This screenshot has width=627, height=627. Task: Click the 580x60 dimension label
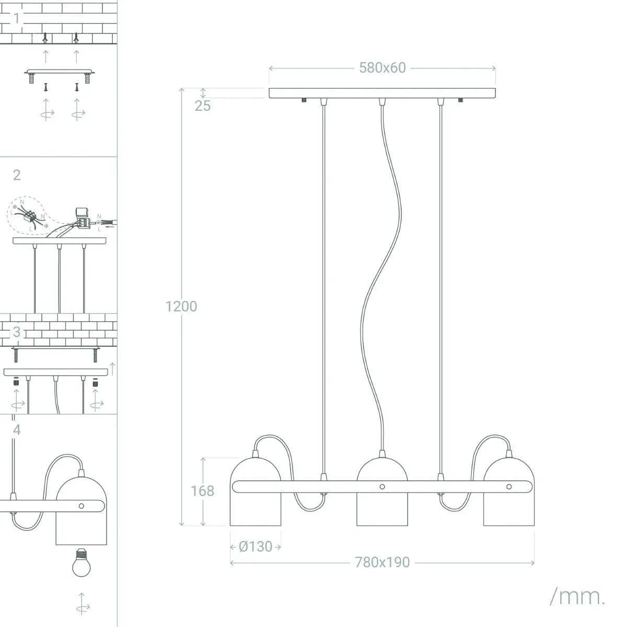tap(382, 68)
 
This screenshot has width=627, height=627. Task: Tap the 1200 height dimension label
tap(181, 306)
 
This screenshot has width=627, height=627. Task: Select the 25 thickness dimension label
tap(203, 106)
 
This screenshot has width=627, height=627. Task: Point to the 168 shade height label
tap(202, 491)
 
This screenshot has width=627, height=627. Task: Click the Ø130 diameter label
tap(256, 547)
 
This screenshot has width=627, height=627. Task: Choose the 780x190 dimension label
tap(382, 562)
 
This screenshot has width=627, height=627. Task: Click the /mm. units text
tap(577, 596)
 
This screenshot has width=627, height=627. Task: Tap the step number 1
tap(17, 18)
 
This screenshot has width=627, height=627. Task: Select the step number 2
tap(17, 175)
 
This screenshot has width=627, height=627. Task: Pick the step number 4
tap(17, 430)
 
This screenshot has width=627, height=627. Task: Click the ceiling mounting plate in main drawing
tap(382, 94)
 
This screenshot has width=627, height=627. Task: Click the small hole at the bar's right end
tap(509, 486)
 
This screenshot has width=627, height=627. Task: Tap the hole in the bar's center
tap(382, 486)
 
